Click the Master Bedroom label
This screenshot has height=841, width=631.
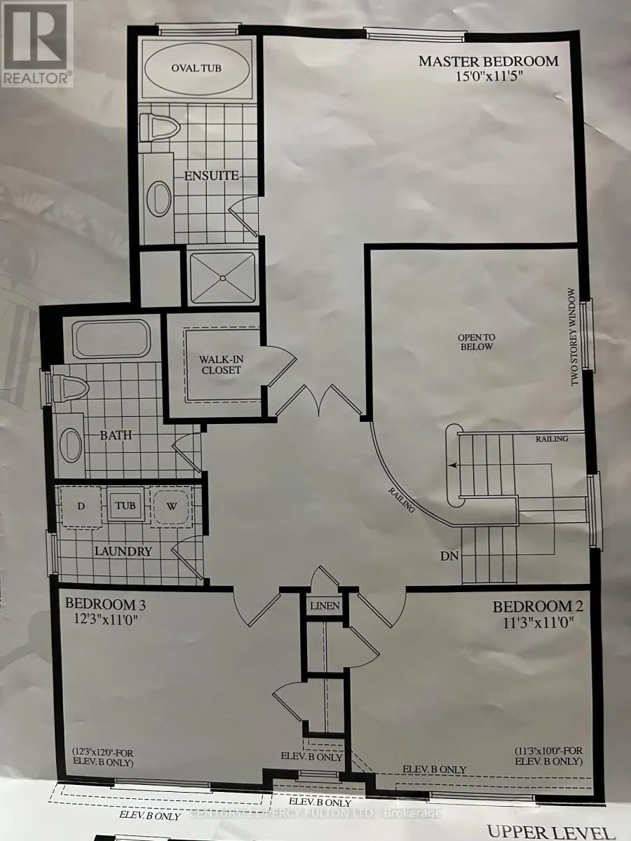click(x=489, y=61)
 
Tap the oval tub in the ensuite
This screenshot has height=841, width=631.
click(x=191, y=69)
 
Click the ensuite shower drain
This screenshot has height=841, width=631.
click(x=222, y=278)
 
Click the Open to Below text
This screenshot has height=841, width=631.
click(x=476, y=341)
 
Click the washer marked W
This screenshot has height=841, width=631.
click(x=172, y=505)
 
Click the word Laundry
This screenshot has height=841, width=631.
click(x=123, y=551)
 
